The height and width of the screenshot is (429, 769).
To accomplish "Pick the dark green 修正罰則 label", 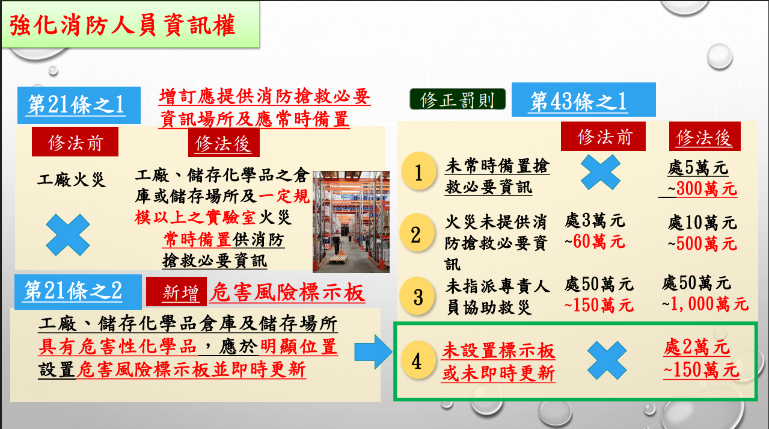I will point(458,100).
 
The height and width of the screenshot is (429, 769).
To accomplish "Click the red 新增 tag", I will point(177,293).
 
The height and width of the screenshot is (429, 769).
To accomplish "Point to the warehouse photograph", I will point(351,221).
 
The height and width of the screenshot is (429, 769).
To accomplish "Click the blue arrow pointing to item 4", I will point(373,352).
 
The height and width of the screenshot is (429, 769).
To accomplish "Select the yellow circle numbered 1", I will point(419,174).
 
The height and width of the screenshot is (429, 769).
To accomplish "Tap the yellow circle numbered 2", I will point(416,235).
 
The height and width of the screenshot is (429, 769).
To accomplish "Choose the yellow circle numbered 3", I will point(418,297).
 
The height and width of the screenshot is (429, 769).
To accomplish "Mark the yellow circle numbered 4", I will point(416,361).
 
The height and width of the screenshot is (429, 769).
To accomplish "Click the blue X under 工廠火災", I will point(68,235).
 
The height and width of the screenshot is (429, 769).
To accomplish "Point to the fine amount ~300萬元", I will point(701,189).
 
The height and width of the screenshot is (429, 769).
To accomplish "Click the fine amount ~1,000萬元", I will point(706,304).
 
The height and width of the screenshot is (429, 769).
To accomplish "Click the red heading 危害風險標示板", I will point(287,292).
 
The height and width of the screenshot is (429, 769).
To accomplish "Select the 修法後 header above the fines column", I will point(704,138).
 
